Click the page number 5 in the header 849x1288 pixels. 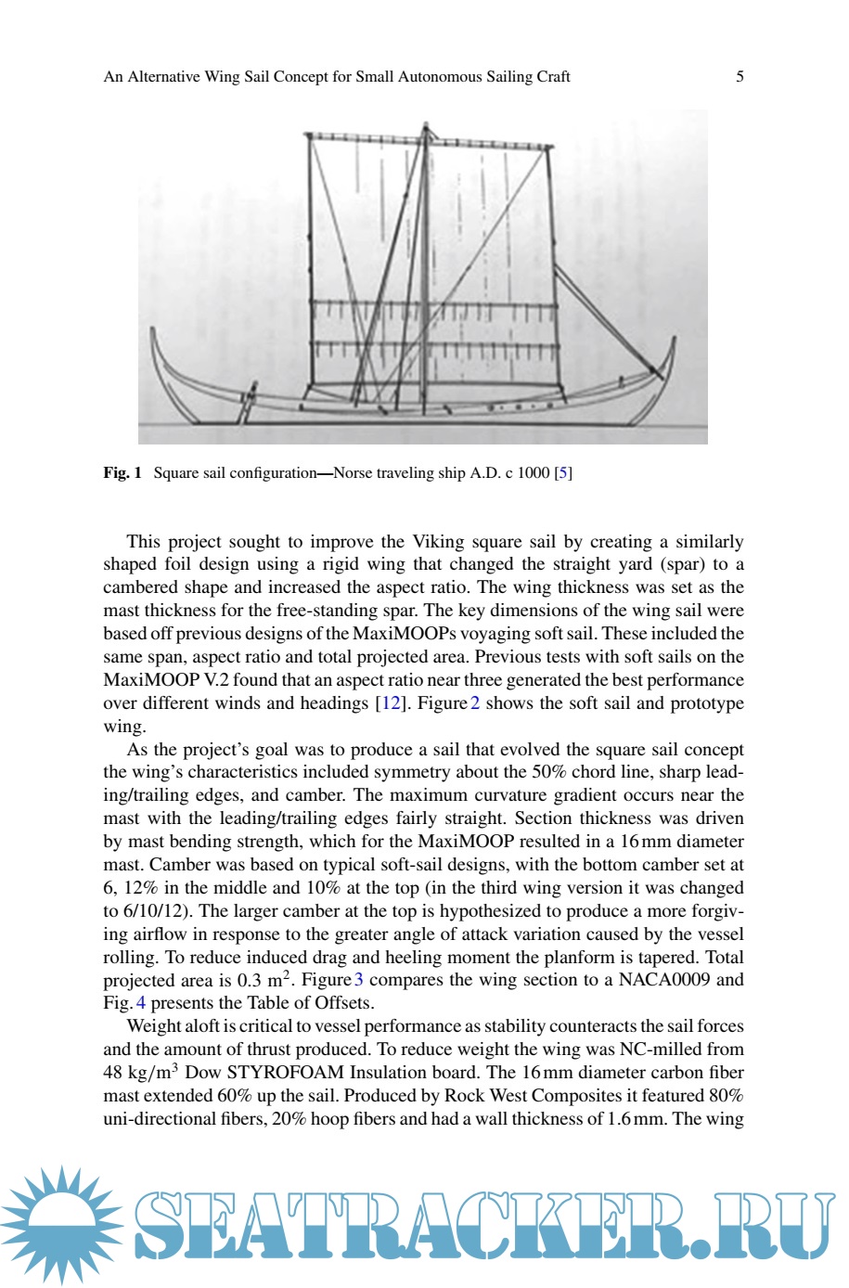740,77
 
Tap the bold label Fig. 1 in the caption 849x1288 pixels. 122,473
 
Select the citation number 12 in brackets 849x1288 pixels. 392,703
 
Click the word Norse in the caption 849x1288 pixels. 353,473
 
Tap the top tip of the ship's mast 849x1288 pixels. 426,123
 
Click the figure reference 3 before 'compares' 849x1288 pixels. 359,980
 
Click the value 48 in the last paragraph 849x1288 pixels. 113,1073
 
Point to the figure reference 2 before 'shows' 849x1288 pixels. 475,703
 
